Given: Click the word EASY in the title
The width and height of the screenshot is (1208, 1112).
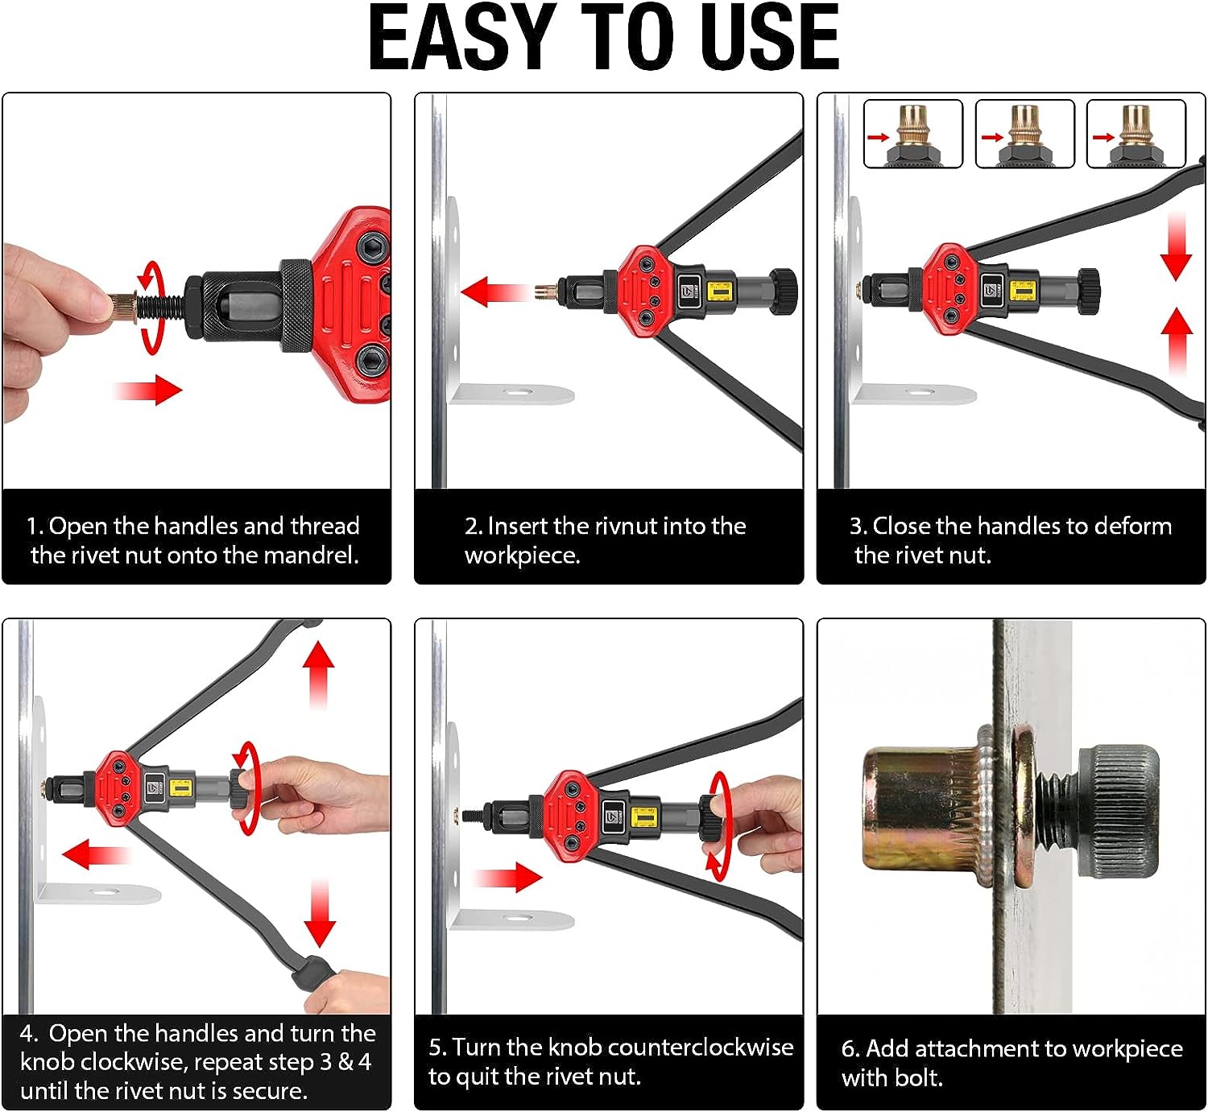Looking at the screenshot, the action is click(x=462, y=37).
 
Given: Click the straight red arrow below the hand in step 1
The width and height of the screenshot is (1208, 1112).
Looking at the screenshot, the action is click(x=147, y=390).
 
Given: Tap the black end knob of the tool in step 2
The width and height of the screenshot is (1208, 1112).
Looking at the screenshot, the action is click(x=784, y=291).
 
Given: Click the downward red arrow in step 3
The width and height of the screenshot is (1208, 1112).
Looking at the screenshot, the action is click(x=1176, y=246).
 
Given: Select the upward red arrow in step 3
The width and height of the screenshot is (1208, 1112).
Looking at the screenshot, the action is click(x=1177, y=341).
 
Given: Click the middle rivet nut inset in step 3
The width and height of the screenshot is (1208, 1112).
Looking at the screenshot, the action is click(x=1025, y=134).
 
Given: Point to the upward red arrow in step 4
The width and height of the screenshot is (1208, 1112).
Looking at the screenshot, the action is click(x=318, y=675).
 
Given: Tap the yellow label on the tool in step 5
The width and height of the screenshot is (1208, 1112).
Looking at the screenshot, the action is click(x=643, y=817).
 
